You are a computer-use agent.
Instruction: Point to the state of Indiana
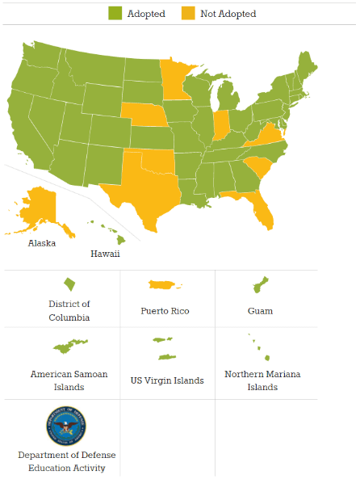coord(219,125)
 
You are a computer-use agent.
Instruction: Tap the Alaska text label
coord(42,242)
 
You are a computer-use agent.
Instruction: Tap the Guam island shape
coord(260,285)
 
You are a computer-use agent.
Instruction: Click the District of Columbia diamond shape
coord(70,284)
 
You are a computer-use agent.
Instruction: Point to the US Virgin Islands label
coord(166,380)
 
